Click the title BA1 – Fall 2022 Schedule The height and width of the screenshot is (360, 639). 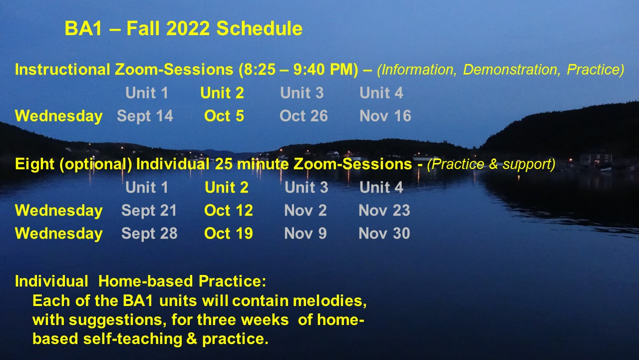183,28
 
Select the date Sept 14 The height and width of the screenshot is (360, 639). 145,116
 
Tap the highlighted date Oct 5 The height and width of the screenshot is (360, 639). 224,116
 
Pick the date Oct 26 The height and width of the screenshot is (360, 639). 304,116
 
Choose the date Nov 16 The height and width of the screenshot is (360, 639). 385,116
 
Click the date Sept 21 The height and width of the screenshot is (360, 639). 149,211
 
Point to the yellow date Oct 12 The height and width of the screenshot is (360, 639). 229,210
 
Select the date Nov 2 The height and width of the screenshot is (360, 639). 305,210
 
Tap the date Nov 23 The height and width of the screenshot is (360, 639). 384,210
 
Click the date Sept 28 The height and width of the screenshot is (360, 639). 149,233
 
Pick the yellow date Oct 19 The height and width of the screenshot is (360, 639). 229,233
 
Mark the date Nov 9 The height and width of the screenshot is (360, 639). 305,233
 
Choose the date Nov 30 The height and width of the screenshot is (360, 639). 384,233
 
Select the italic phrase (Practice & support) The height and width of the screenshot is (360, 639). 491,164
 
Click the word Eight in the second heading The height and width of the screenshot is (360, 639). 34,164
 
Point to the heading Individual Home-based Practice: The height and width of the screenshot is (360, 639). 140,281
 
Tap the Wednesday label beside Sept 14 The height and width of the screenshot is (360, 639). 59,116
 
